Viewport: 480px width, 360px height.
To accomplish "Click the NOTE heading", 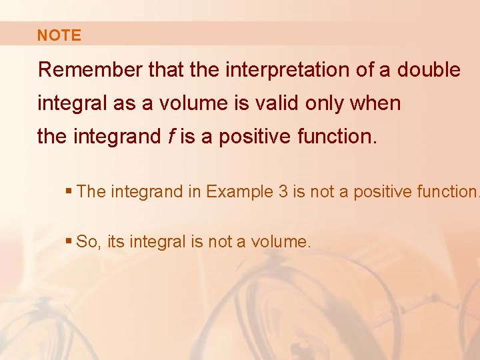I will tap(59, 36).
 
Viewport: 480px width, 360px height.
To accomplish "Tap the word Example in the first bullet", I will tap(237, 192).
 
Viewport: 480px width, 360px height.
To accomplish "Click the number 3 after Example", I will tap(283, 192).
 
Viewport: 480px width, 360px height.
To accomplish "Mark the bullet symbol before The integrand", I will tap(69, 192).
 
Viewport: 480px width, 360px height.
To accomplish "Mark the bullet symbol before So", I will tap(69, 242).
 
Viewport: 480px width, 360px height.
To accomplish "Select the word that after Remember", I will tap(163, 70).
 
